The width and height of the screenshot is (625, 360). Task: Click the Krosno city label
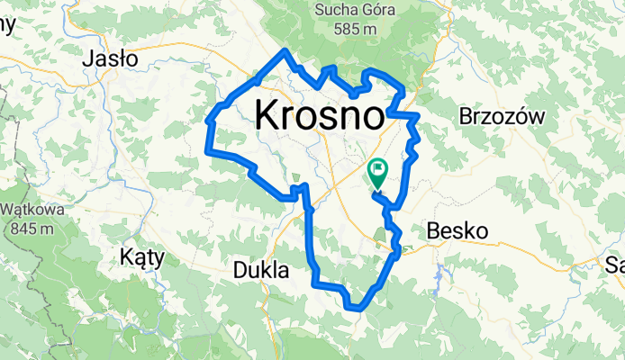pyautogui.click(x=320, y=115)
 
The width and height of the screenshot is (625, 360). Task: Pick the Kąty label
pyautogui.click(x=142, y=256)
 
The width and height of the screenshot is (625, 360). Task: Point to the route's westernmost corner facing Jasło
pyautogui.click(x=208, y=119)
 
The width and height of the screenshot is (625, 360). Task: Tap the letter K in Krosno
pyautogui.click(x=267, y=115)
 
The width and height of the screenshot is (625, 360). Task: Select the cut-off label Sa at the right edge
pyautogui.click(x=614, y=264)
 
